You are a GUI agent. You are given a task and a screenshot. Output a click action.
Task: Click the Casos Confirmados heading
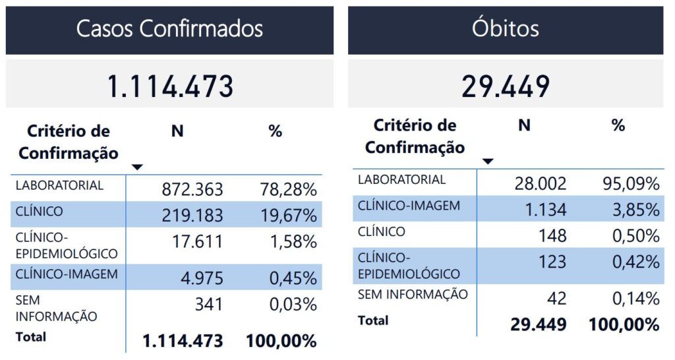point(169,28)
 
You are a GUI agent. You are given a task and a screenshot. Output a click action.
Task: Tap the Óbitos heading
point(506,28)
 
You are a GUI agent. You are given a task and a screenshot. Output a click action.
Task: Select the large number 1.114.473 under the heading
point(170,86)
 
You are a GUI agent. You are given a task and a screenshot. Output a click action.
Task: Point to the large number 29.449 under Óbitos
point(506,86)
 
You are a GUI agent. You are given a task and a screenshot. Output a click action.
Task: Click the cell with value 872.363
point(192,190)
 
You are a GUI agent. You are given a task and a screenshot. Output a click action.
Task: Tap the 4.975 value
point(202,278)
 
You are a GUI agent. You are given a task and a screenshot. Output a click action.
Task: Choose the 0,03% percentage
point(293,305)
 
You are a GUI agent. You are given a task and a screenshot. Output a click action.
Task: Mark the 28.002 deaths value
point(540,183)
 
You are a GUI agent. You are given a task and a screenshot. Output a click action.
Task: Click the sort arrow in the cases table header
point(137,167)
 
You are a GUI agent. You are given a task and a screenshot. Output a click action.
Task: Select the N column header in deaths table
point(524,125)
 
